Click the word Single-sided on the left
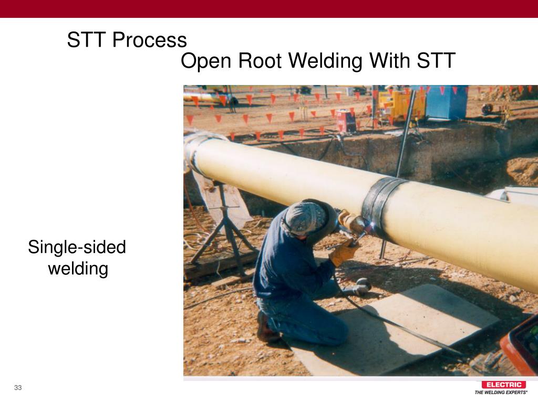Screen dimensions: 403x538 click(x=77, y=247)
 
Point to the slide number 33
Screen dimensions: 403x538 click(x=18, y=388)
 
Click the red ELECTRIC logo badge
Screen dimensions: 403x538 click(x=503, y=385)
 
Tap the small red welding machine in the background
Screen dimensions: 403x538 click(x=346, y=121)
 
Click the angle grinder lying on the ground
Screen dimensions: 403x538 click(x=357, y=287)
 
